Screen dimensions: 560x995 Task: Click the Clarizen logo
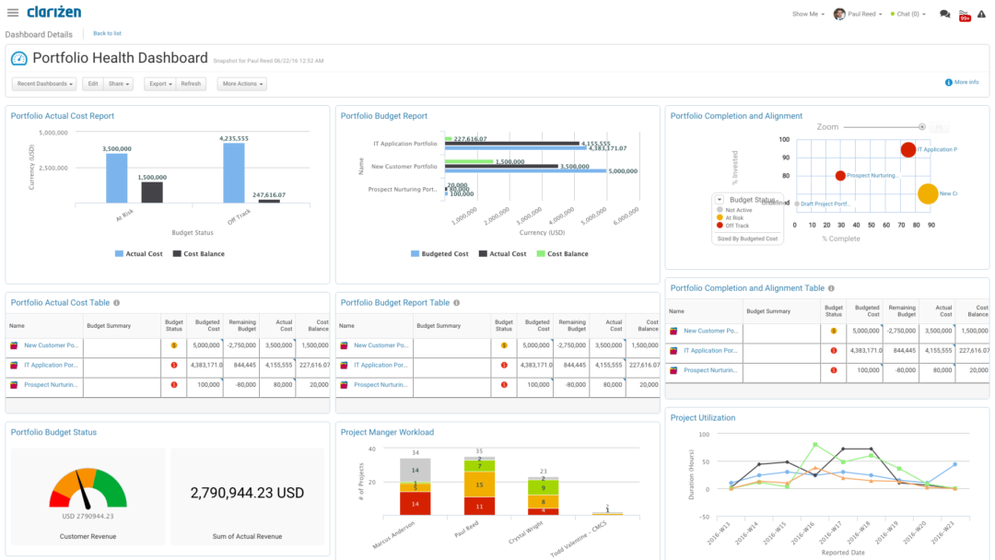tap(53, 12)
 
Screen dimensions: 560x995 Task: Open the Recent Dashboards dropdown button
tap(45, 84)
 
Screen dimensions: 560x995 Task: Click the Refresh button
tap(191, 84)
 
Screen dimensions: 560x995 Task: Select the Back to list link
tap(107, 33)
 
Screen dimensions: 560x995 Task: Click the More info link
tap(962, 82)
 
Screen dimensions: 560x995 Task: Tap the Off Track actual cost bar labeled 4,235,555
tap(234, 172)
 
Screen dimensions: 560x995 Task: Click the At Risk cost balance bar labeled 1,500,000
tap(152, 192)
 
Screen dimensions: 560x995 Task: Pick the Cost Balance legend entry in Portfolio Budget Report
tap(562, 254)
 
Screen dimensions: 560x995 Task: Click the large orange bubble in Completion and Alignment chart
tap(928, 193)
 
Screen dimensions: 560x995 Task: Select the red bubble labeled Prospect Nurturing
tap(840, 175)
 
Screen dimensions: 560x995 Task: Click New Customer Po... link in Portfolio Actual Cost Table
tap(53, 345)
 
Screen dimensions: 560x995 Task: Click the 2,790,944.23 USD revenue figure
tap(247, 493)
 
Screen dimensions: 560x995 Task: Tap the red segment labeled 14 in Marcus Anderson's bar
tap(415, 503)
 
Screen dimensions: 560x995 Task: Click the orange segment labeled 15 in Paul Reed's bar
tap(479, 484)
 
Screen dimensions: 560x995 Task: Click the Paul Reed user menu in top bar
tap(858, 14)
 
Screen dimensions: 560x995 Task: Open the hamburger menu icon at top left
tap(13, 13)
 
